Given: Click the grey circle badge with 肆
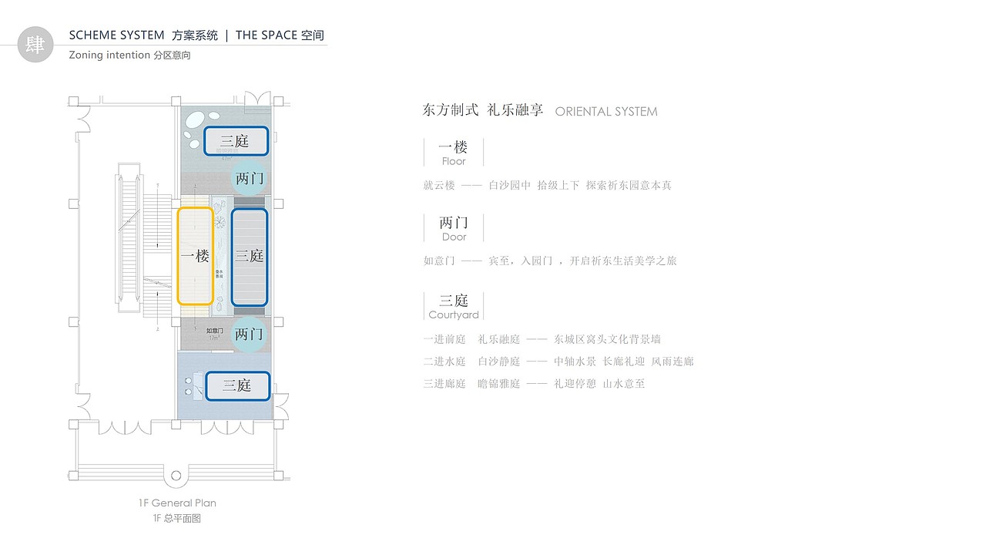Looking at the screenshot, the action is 35,44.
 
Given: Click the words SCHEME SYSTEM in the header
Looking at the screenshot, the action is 116,35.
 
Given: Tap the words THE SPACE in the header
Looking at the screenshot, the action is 268,35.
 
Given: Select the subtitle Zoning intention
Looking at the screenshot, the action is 109,55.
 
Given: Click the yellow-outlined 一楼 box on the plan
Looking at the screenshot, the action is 195,256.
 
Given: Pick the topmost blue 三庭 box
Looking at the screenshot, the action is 236,141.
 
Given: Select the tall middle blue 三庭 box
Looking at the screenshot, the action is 250,256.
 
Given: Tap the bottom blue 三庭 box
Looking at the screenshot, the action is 238,385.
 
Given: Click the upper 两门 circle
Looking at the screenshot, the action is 250,179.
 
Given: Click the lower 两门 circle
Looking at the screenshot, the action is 250,335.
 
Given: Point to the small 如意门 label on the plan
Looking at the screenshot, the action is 215,331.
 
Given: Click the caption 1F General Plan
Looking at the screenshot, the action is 177,503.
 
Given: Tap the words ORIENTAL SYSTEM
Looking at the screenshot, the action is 606,112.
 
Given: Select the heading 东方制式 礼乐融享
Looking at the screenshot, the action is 483,110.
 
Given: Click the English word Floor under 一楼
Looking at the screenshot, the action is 454,162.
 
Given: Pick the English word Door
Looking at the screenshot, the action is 454,237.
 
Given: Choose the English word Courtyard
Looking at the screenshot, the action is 454,314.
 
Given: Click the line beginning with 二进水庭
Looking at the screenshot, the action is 558,361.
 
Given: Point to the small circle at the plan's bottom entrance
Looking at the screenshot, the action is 176,476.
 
